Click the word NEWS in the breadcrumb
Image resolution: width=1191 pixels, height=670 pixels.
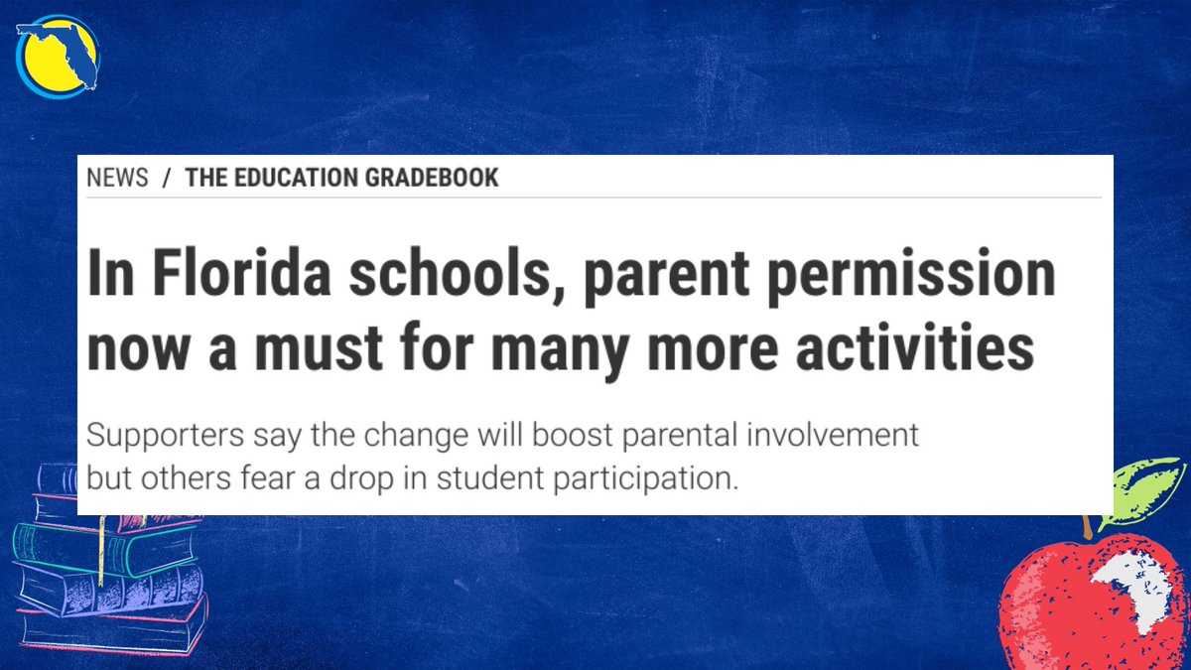click(117, 179)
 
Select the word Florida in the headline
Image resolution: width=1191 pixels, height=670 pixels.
click(216, 274)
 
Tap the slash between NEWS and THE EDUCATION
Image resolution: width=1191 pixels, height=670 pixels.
click(167, 179)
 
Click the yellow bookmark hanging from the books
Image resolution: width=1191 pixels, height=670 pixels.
click(100, 552)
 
